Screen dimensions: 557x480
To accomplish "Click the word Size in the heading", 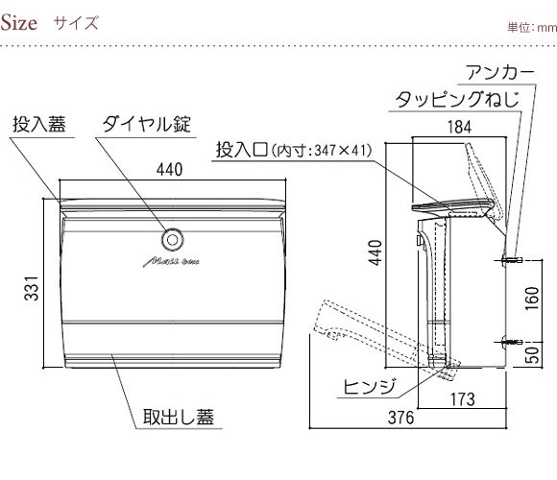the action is [x=18, y=23].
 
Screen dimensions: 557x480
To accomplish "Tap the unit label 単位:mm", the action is [x=532, y=28].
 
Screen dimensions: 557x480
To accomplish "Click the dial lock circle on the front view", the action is [x=173, y=240].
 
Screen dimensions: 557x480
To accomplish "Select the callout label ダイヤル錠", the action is [x=147, y=124].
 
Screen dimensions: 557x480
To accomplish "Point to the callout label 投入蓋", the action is [x=39, y=124].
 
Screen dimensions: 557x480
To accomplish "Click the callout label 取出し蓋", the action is [x=179, y=418].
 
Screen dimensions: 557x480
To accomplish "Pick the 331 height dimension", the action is [x=32, y=288].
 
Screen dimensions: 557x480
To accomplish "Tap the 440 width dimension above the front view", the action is [x=169, y=169].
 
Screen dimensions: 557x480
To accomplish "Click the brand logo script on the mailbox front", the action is [x=171, y=262].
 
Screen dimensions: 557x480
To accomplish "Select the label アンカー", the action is [x=500, y=73].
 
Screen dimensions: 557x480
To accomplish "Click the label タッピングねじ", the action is [x=457, y=100].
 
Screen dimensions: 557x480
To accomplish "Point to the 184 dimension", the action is [x=459, y=127].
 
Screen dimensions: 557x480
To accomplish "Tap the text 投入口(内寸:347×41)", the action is [x=294, y=150].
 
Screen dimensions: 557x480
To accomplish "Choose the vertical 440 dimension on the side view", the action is [x=375, y=252].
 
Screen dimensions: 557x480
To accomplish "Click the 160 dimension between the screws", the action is [x=532, y=299].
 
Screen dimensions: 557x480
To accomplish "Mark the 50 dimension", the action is [x=532, y=354].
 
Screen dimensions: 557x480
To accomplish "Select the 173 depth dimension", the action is [x=463, y=399].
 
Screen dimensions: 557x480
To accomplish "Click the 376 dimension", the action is [x=400, y=418].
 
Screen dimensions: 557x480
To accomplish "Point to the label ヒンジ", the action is [x=370, y=387].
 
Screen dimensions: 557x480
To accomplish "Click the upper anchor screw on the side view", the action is [x=512, y=260].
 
